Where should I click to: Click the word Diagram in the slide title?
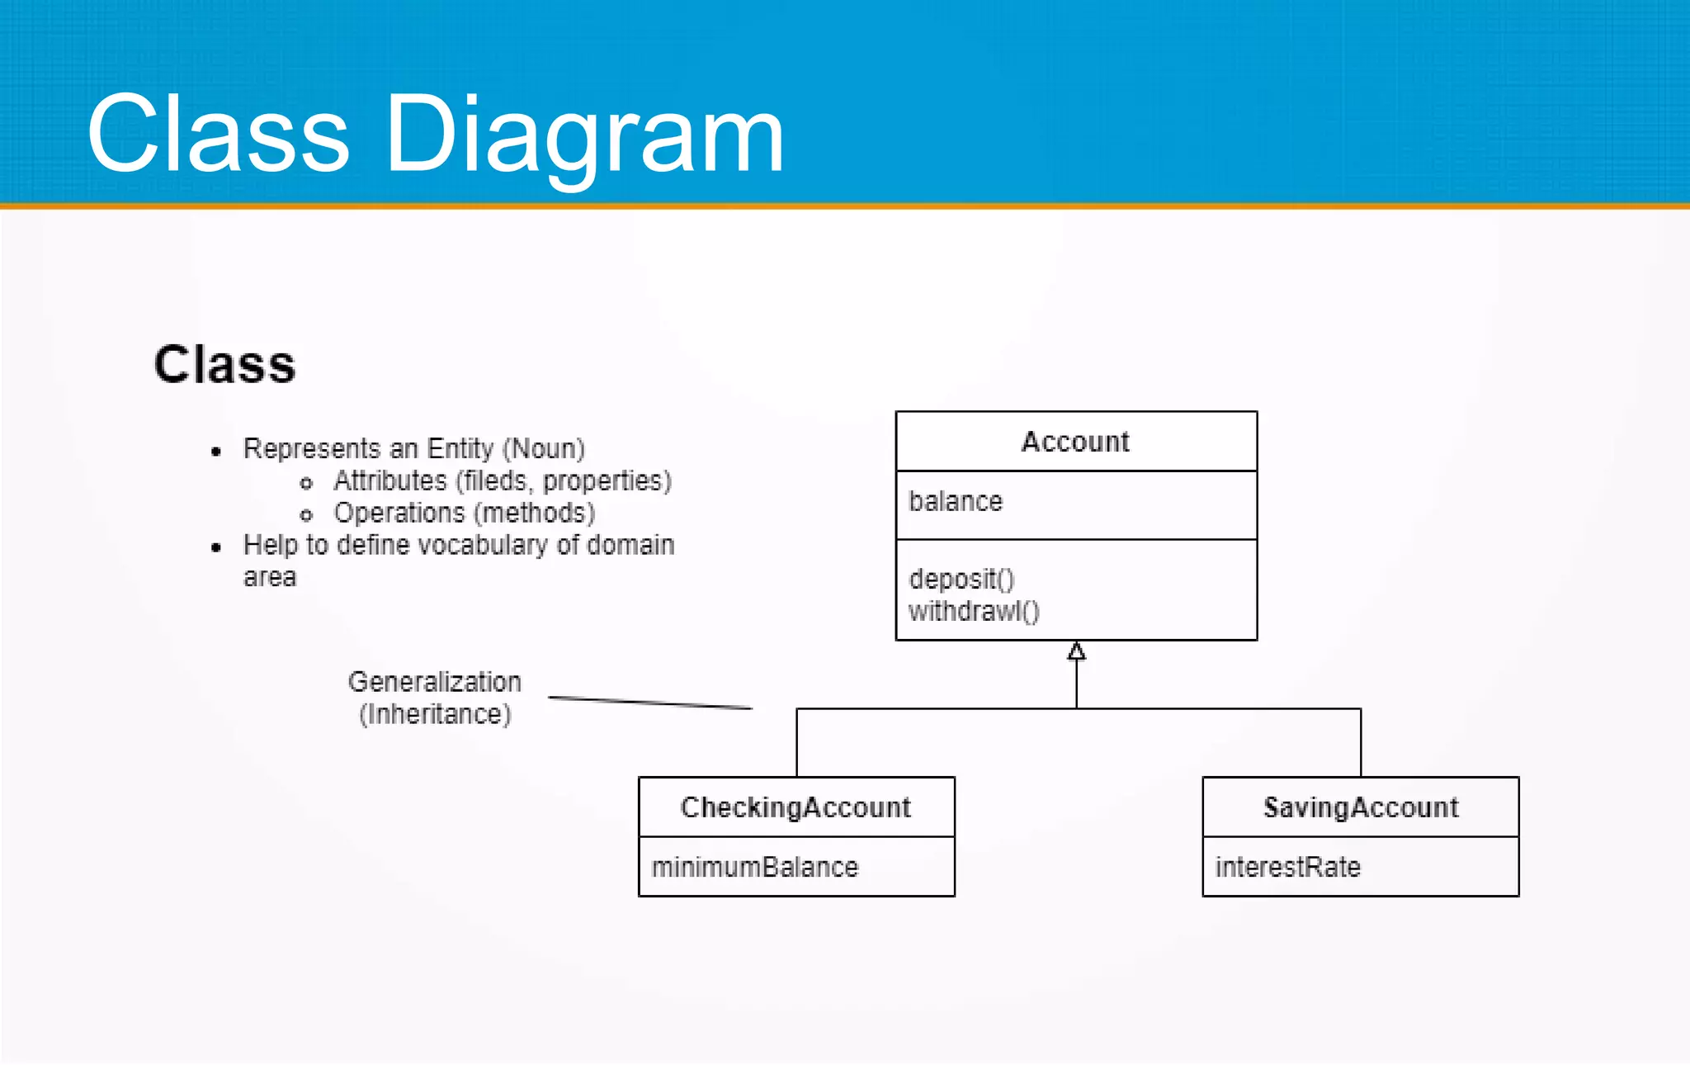point(583,135)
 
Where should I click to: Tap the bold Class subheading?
point(224,364)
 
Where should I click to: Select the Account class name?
point(1075,442)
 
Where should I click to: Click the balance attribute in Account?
point(956,501)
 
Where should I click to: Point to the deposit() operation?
point(961,579)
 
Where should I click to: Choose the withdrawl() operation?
point(974,611)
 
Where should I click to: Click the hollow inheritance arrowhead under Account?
point(1076,651)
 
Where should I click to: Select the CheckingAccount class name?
point(795,807)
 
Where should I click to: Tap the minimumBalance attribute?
point(755,867)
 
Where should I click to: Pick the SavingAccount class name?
point(1361,807)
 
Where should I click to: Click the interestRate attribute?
point(1287,867)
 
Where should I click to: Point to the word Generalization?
point(435,682)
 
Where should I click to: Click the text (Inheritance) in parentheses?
point(435,714)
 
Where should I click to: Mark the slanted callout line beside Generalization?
point(650,703)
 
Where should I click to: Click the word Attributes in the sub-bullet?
point(389,480)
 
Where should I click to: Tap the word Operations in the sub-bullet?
point(399,513)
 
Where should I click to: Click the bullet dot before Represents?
point(216,451)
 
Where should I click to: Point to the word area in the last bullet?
point(270,577)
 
